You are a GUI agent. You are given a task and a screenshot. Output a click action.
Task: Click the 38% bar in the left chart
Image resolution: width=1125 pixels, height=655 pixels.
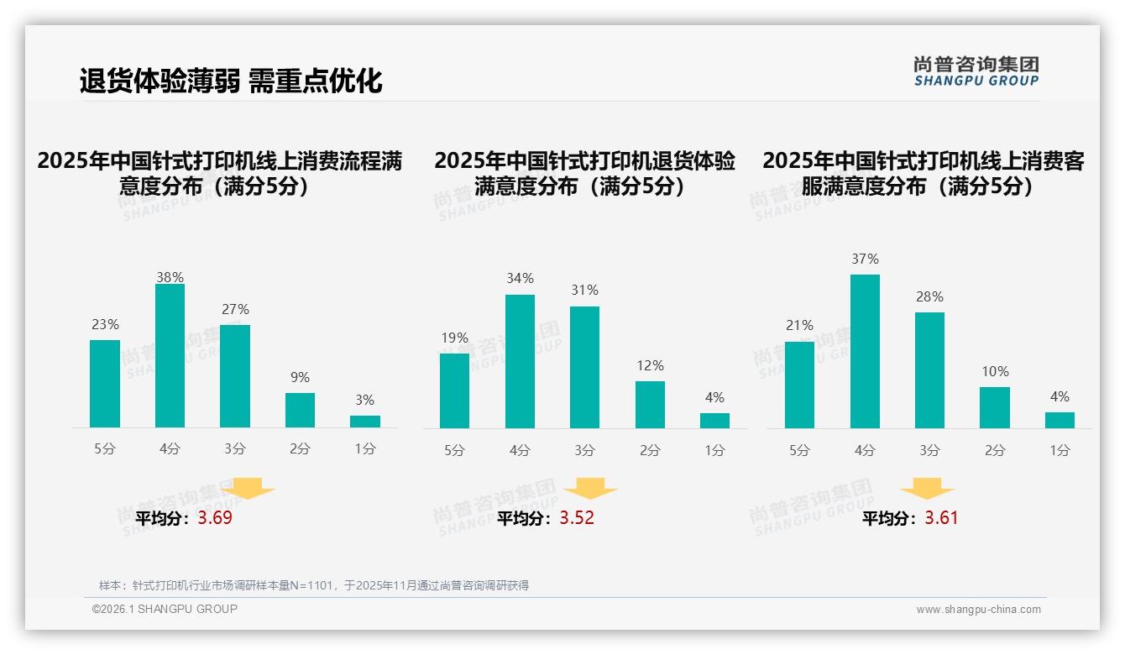[x=170, y=356]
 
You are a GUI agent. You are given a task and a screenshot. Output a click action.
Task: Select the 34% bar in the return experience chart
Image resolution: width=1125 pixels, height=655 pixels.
[x=520, y=361]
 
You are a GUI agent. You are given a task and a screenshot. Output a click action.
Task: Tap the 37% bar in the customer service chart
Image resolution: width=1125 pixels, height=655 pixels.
[x=865, y=351]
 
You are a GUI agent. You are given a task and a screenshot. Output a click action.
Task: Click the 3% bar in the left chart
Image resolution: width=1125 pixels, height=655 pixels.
[x=365, y=422]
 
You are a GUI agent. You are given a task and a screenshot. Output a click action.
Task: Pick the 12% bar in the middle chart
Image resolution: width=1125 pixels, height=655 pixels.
[x=650, y=405]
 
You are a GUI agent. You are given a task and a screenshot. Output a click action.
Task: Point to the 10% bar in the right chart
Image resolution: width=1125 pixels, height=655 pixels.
[x=995, y=407]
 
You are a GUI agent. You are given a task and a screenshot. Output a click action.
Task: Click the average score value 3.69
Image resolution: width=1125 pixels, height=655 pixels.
[x=215, y=518]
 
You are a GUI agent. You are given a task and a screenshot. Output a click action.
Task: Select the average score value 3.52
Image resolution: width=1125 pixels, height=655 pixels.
[x=577, y=518]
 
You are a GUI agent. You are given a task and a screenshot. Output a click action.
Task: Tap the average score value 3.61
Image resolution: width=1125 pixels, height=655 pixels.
[x=941, y=518]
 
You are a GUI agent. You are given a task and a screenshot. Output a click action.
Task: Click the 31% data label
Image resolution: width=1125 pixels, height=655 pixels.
[x=584, y=291]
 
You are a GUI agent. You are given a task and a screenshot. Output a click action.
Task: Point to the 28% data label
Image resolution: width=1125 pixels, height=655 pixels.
[x=929, y=297]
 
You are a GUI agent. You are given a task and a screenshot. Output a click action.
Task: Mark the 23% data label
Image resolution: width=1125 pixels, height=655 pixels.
[x=105, y=325]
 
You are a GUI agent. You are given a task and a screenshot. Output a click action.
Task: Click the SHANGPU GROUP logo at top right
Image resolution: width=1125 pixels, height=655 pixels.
[x=976, y=71]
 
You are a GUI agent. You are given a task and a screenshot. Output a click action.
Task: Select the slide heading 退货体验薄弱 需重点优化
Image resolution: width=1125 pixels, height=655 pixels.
[x=231, y=81]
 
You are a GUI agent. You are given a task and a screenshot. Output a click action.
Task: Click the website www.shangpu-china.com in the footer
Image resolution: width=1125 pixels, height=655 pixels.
[x=978, y=610]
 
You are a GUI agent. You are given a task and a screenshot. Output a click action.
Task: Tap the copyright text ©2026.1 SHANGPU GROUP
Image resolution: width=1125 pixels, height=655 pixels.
[x=165, y=609]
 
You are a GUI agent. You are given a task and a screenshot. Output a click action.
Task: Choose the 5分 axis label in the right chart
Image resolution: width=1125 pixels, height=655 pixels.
[x=799, y=451]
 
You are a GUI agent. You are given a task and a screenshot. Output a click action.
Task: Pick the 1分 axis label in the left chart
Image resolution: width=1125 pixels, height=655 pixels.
[x=365, y=449]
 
